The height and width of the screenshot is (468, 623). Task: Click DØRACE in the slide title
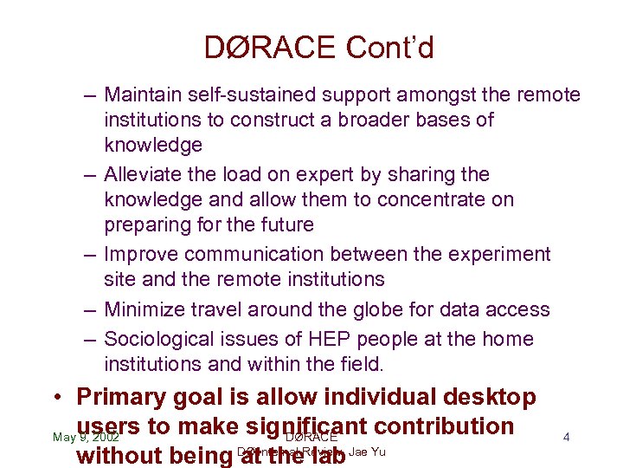point(270,48)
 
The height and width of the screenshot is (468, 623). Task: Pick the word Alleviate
point(142,175)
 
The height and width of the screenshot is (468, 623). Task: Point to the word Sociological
point(157,339)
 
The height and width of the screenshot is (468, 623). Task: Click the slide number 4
point(566,438)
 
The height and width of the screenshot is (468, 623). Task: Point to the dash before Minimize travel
point(90,309)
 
